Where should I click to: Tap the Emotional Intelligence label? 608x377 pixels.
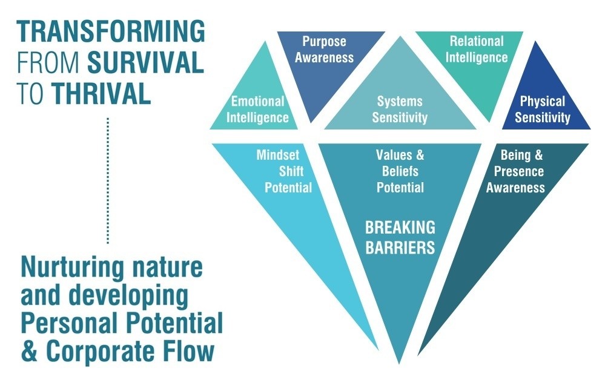(257, 109)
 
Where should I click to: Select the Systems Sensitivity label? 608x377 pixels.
(400, 109)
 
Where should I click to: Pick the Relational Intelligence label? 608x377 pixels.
(477, 50)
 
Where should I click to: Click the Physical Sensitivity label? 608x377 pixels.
(543, 109)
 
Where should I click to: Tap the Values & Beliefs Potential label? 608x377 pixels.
(400, 171)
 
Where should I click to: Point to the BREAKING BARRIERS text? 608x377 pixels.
(400, 237)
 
